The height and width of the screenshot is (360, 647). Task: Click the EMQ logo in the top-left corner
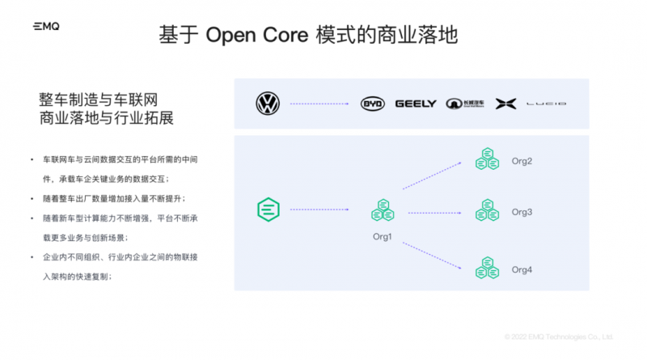tap(46, 27)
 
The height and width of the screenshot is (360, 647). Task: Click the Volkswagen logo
tap(268, 104)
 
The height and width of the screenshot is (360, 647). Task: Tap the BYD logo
tap(373, 104)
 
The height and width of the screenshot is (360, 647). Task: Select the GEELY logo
tap(416, 104)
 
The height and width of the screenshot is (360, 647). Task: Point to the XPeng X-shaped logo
tap(505, 104)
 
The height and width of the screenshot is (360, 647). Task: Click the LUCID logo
tap(547, 104)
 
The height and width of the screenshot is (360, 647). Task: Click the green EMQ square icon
tap(268, 210)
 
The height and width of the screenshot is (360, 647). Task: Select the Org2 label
tap(522, 161)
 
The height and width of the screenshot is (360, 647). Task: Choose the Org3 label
tap(522, 212)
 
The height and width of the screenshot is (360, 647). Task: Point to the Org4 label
tap(522, 269)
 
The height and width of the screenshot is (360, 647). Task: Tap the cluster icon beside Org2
tap(487, 159)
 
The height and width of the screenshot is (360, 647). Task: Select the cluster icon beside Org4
tap(487, 267)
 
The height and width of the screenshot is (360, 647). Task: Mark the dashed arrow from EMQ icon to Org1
tap(323, 210)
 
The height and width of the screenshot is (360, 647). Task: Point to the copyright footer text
tap(558, 337)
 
